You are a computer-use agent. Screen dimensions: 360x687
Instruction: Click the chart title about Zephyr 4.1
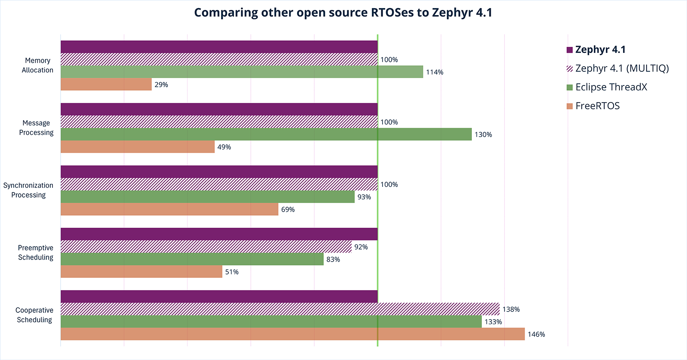[343, 12]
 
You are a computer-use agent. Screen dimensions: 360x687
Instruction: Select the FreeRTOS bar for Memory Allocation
[106, 84]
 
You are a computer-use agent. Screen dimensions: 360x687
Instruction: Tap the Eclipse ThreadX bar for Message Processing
[266, 134]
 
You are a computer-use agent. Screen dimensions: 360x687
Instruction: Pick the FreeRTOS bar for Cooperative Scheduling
[292, 334]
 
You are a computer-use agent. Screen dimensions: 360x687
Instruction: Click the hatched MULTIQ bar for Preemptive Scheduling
[206, 247]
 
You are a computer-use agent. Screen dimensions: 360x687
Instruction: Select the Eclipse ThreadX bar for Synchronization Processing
[207, 197]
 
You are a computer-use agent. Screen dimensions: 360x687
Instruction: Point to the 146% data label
[536, 334]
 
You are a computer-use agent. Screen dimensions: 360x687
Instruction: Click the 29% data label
[161, 85]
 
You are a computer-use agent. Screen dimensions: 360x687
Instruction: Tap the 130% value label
[483, 134]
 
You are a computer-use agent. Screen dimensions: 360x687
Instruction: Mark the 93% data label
[364, 197]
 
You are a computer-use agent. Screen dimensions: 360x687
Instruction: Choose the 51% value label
[232, 272]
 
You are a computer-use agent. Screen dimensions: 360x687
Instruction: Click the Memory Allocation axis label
[37, 65]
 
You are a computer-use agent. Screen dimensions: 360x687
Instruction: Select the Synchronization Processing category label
[28, 190]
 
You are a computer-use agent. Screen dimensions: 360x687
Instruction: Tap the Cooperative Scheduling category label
[34, 315]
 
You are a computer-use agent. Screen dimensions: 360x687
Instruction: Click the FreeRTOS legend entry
[597, 106]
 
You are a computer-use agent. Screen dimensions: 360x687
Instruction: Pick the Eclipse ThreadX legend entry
[611, 87]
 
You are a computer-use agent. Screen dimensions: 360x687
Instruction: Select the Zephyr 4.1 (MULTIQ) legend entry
[622, 68]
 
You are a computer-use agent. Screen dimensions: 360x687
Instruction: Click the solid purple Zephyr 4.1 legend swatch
[570, 50]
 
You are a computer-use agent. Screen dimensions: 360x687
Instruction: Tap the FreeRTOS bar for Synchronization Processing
[169, 209]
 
